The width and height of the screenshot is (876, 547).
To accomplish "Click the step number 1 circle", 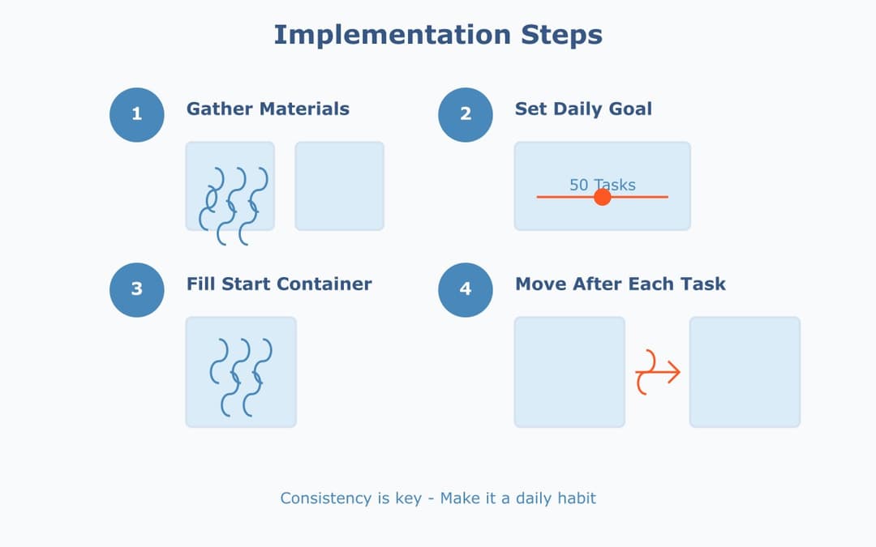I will pos(136,114).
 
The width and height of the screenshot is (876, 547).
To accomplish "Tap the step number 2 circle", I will pos(465,114).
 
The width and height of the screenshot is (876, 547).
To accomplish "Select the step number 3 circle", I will pos(136,289).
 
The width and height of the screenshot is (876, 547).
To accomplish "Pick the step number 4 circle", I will pos(465,289).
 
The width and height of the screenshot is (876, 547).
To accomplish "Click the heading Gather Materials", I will pos(268,109).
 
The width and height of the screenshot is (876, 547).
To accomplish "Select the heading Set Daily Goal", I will pos(583,109).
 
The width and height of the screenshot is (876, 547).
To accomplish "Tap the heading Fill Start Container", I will pos(279,284).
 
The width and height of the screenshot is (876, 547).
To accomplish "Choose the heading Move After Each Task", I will pos(620,284).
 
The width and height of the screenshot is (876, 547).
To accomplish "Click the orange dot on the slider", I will pos(602,197).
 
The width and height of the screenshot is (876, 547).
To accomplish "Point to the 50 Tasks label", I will pos(602,185).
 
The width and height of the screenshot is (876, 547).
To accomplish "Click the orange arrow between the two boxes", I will pos(658,372).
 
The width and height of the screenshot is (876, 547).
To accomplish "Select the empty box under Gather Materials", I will pos(339,186).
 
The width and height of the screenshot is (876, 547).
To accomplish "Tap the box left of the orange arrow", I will pos(569,372).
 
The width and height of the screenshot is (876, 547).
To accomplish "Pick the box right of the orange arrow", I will pos(745,372).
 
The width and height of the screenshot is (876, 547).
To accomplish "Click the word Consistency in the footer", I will pos(326,498).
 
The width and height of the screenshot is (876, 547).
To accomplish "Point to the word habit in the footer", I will pos(577,498).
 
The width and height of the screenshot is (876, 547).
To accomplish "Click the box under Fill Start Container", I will pos(241,372).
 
